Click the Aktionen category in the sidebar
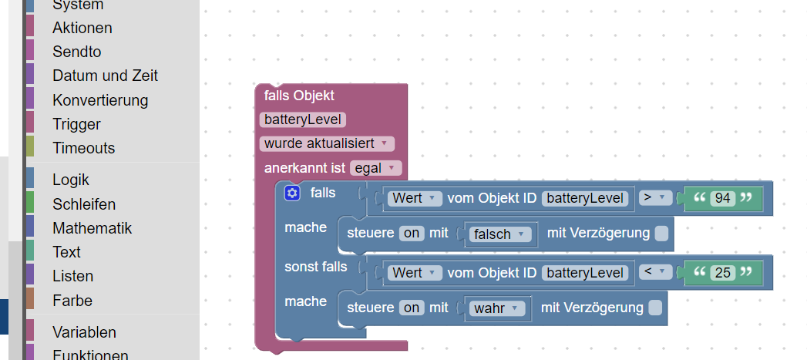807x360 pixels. [x=82, y=28]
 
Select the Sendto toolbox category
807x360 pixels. [x=76, y=52]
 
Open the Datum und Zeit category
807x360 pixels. [x=105, y=76]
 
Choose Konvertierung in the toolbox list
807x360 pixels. [x=100, y=100]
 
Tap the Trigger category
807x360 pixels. [x=76, y=124]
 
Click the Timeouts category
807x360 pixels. [x=83, y=148]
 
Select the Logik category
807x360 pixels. [x=71, y=180]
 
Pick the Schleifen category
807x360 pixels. [x=84, y=204]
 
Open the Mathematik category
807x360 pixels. [x=92, y=228]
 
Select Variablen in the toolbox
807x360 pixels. [x=84, y=332]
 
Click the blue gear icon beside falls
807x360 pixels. [x=291, y=193]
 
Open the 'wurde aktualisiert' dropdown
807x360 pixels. [x=327, y=143]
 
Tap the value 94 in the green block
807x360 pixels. [x=722, y=198]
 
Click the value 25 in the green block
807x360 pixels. [x=722, y=271]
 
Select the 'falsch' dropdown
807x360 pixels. [x=500, y=234]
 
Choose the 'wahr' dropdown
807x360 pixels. [x=497, y=308]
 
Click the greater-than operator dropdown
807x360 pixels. [x=654, y=198]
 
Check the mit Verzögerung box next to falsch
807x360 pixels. [x=661, y=234]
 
